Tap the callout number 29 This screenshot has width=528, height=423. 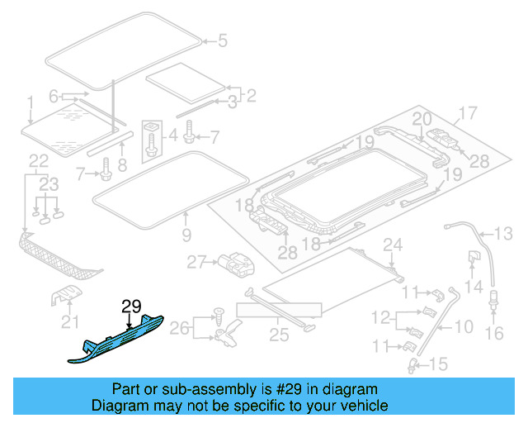click(x=132, y=307)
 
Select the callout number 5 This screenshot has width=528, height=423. click(x=221, y=39)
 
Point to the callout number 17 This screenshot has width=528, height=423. click(x=468, y=113)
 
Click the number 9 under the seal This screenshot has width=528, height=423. click(x=186, y=235)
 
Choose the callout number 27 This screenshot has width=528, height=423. click(x=195, y=263)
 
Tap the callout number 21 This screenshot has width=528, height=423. click(x=72, y=321)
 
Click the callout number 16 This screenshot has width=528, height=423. click(x=495, y=333)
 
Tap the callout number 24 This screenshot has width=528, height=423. click(x=393, y=245)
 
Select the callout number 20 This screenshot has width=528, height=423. click(x=422, y=119)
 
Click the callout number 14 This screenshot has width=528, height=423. click(x=472, y=287)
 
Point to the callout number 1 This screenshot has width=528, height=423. click(x=31, y=103)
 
